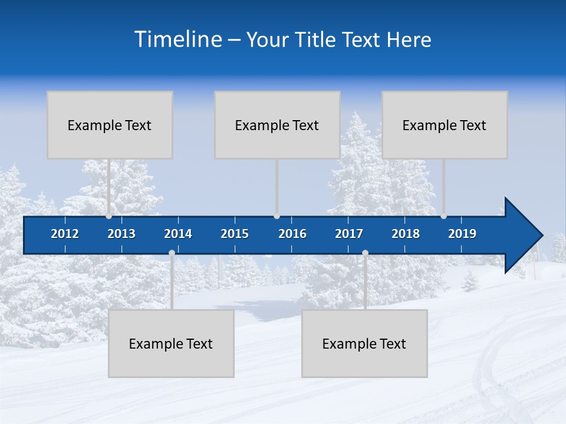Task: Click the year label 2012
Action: [65, 234]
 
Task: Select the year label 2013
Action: [121, 234]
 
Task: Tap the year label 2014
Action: [178, 234]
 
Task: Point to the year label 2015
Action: [235, 234]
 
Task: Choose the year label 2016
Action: [292, 234]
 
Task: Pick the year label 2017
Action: [349, 234]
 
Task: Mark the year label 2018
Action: [406, 234]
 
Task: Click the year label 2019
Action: [462, 234]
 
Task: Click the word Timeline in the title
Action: [177, 39]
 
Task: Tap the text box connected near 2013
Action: [110, 125]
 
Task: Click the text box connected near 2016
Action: [277, 125]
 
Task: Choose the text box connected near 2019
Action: [445, 125]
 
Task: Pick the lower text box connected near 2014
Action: [171, 343]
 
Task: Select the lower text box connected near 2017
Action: [364, 343]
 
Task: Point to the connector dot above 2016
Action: [277, 216]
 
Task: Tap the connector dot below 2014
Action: [172, 253]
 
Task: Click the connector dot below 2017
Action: [365, 253]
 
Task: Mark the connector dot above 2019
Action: [444, 216]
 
